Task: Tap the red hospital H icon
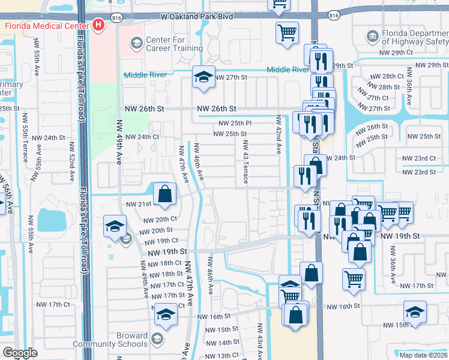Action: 98,26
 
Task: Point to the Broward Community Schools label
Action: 110,340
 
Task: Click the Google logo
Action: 20,353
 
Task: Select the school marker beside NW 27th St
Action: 204,77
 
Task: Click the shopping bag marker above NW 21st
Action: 164,194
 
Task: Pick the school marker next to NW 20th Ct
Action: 114,226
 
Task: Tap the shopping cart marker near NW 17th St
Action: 354,279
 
